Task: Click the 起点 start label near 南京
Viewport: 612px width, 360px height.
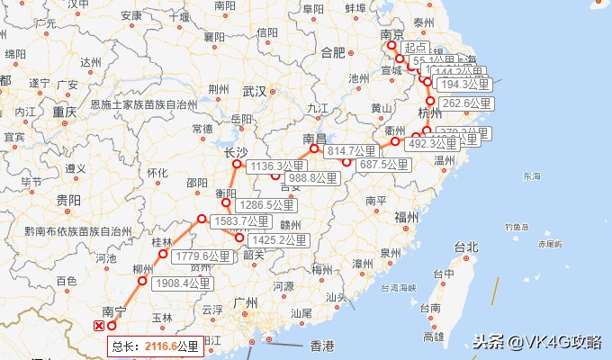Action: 414,48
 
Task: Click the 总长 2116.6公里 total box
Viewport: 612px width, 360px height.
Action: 155,346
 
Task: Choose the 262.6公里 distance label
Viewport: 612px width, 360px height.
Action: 467,103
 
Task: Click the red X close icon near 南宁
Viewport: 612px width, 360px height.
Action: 99,327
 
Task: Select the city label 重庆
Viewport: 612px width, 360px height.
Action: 64,112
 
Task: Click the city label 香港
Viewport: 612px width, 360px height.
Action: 321,346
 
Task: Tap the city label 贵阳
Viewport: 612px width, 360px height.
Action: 68,200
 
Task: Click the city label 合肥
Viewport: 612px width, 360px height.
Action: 334,52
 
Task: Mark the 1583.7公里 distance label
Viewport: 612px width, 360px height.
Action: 240,220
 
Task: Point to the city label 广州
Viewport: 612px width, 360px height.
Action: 246,303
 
